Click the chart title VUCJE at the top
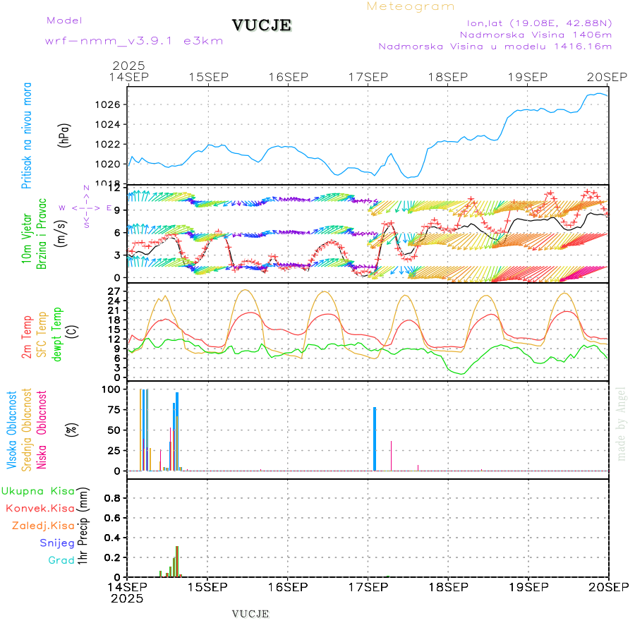click(x=262, y=25)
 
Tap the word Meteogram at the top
click(x=411, y=6)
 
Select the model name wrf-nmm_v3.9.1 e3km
click(x=134, y=41)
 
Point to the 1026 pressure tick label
click(x=113, y=105)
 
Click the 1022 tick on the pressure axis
click(x=113, y=145)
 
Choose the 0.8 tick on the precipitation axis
click(x=113, y=498)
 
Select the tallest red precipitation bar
click(x=177, y=562)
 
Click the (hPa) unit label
click(x=64, y=135)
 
